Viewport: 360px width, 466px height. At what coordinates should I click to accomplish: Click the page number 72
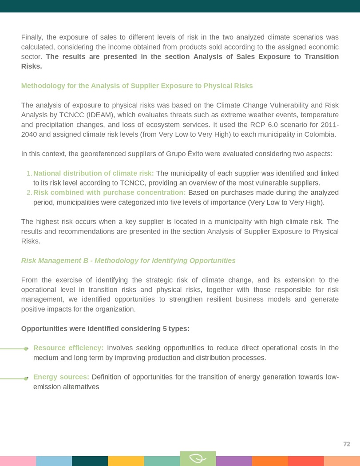point(347,444)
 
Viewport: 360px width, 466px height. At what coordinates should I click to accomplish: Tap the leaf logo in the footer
point(198,458)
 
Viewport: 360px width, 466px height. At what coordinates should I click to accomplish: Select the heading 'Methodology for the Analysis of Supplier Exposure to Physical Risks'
point(137,86)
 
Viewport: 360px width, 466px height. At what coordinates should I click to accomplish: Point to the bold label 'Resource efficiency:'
point(68,348)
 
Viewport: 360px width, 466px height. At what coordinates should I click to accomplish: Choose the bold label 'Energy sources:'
point(61,377)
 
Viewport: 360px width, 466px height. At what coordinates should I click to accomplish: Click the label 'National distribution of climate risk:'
point(94,173)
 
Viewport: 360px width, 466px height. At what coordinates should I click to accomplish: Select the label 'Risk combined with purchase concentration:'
point(110,192)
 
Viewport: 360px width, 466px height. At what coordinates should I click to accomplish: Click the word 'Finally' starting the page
point(32,37)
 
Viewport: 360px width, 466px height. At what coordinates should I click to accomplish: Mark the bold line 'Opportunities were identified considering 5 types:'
point(105,328)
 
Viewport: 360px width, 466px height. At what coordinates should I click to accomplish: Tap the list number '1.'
point(29,173)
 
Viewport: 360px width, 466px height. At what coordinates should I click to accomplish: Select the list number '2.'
point(29,192)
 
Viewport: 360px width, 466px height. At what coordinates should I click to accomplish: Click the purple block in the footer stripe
point(233,461)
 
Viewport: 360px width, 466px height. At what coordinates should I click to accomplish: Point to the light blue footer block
point(54,461)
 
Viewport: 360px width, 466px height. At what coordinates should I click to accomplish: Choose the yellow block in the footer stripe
point(126,461)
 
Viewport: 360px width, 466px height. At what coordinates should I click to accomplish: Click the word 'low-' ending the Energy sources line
point(332,377)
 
